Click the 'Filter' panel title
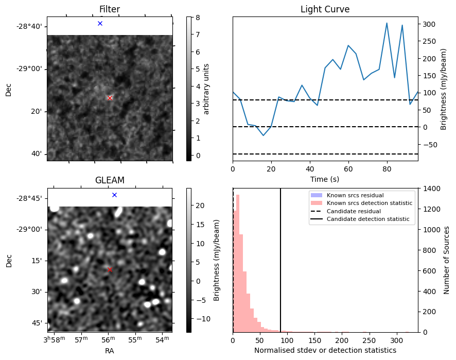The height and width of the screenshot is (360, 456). coord(109,9)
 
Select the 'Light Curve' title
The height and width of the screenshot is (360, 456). coord(325,9)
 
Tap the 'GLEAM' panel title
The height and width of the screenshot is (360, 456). coord(109,180)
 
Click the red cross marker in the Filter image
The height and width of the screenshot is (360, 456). coord(110,98)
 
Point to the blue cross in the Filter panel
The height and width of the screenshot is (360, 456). coord(100,23)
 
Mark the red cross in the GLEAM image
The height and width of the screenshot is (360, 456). coord(110,269)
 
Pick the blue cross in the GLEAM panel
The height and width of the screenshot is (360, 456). coord(114,195)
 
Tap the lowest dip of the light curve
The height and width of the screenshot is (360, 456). coord(264,135)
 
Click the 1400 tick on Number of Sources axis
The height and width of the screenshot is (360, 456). coord(431,188)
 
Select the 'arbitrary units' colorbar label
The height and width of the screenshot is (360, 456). coord(206,89)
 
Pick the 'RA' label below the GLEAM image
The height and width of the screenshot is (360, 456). coord(109,351)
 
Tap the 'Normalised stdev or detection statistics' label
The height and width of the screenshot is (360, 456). coord(325,350)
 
